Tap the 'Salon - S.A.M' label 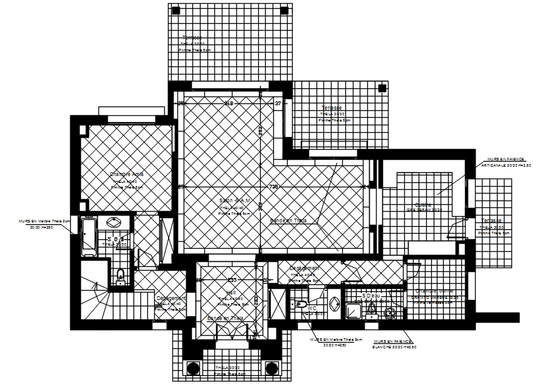click(234, 201)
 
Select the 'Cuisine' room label click(423, 204)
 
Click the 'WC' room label click(311, 306)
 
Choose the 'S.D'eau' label click(371, 295)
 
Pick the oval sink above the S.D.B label click(115, 222)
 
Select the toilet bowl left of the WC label click(298, 306)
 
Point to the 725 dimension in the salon click(274, 187)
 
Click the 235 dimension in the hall click(231, 280)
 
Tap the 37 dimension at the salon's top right click(278, 103)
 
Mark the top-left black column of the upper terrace click(176, 11)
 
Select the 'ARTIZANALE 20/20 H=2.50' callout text click(506, 165)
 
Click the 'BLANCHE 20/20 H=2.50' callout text click(394, 346)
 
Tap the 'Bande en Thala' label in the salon click(288, 221)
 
